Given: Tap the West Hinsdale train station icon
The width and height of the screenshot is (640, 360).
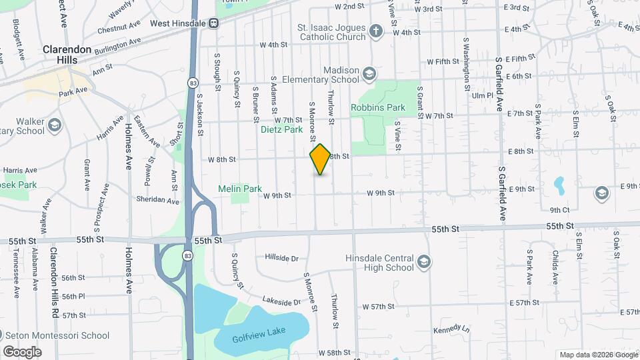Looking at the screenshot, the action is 214,23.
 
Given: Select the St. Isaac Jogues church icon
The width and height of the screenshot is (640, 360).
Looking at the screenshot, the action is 376,31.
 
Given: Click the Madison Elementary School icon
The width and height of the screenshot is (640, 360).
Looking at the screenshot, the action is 369,73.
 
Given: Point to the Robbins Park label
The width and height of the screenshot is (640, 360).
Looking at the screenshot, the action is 378,107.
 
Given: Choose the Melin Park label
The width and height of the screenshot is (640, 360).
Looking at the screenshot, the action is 240,189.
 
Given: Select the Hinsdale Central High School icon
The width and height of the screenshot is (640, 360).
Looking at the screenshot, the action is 423,263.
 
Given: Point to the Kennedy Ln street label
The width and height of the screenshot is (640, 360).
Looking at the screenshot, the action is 451,329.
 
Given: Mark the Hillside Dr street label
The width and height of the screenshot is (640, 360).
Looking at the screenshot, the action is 281,257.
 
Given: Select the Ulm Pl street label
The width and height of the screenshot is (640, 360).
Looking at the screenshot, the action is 481,95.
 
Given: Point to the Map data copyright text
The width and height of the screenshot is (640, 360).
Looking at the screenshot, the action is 597,355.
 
